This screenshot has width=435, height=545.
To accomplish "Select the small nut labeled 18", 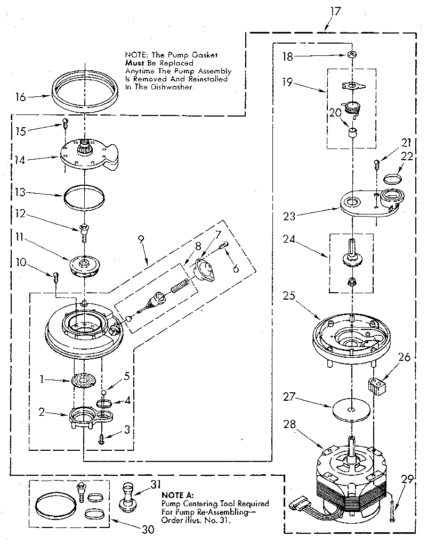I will click(351, 55).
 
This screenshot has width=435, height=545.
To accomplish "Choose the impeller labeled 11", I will click(85, 265).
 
